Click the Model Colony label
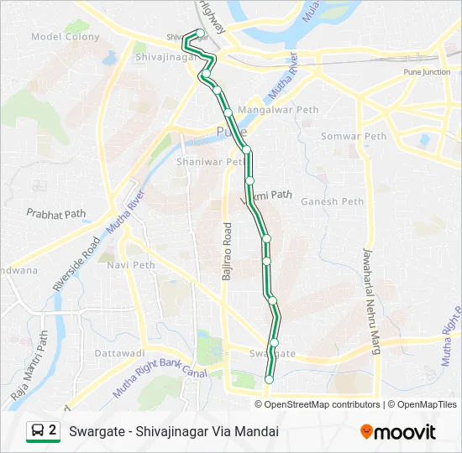click(65, 37)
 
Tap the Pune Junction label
click(427, 72)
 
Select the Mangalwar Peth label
click(279, 110)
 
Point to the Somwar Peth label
click(354, 136)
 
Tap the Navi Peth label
click(132, 265)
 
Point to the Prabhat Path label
click(56, 213)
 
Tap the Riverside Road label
click(76, 263)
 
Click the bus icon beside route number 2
click(38, 431)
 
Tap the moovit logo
click(398, 432)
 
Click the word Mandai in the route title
click(258, 432)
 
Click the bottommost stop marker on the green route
click(269, 380)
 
